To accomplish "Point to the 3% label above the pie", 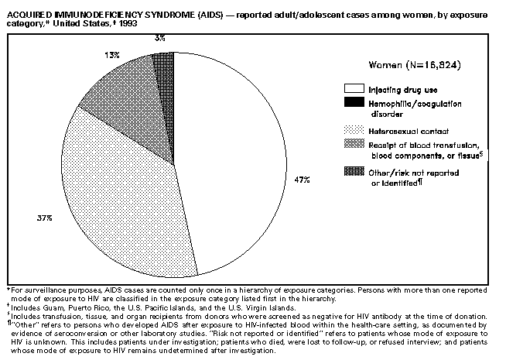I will point(159,36).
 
